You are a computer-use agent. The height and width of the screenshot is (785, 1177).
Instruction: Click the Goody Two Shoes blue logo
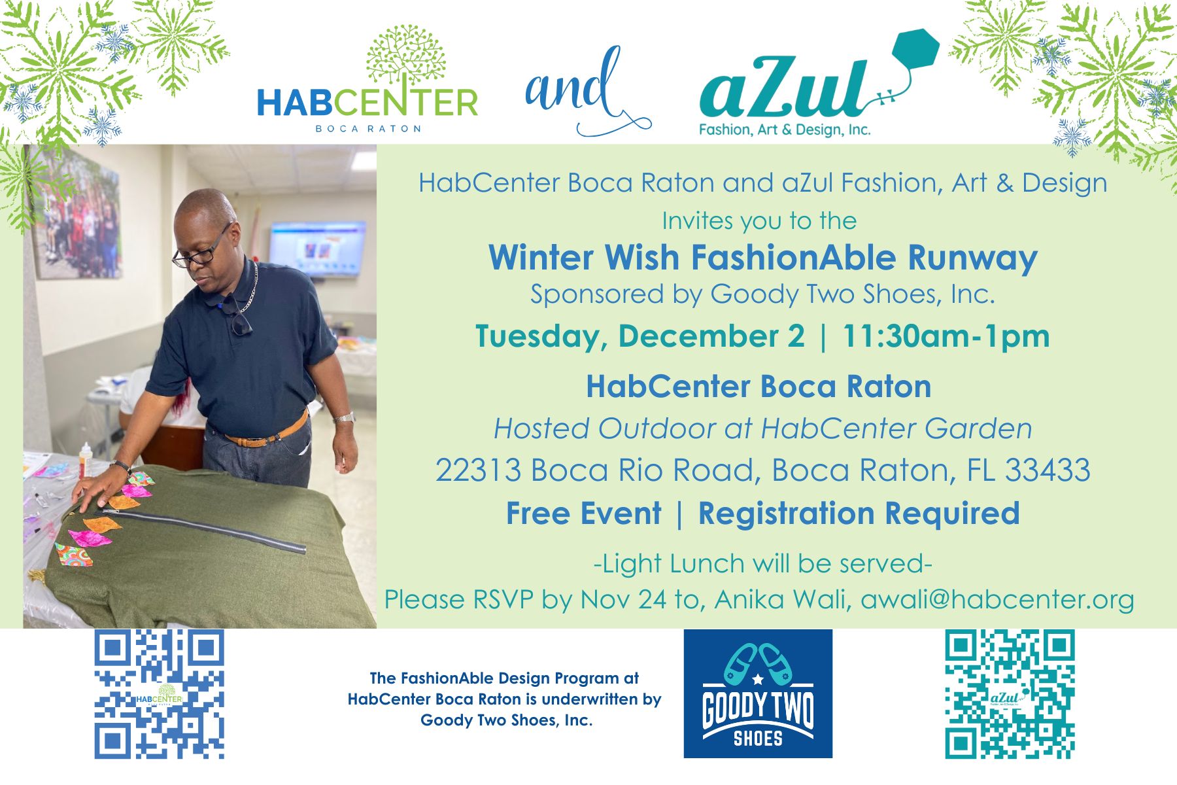(758, 693)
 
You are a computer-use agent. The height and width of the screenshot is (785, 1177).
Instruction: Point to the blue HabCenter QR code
(159, 693)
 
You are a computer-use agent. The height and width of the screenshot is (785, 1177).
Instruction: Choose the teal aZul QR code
(1010, 693)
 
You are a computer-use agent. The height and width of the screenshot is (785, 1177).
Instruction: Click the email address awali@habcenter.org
(997, 599)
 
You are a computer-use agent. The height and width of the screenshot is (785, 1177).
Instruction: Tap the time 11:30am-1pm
(946, 336)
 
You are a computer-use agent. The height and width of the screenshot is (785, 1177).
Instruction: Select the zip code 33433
(1048, 470)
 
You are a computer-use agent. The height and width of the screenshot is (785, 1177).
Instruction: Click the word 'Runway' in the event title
(972, 258)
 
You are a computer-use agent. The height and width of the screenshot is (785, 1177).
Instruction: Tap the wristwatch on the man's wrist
(345, 417)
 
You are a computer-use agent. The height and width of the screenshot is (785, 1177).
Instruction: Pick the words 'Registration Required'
(859, 514)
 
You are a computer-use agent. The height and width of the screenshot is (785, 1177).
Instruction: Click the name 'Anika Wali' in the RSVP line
(782, 599)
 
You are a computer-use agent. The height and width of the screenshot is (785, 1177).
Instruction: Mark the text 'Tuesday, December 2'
(640, 337)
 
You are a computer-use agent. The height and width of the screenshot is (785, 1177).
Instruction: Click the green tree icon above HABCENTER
(406, 55)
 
